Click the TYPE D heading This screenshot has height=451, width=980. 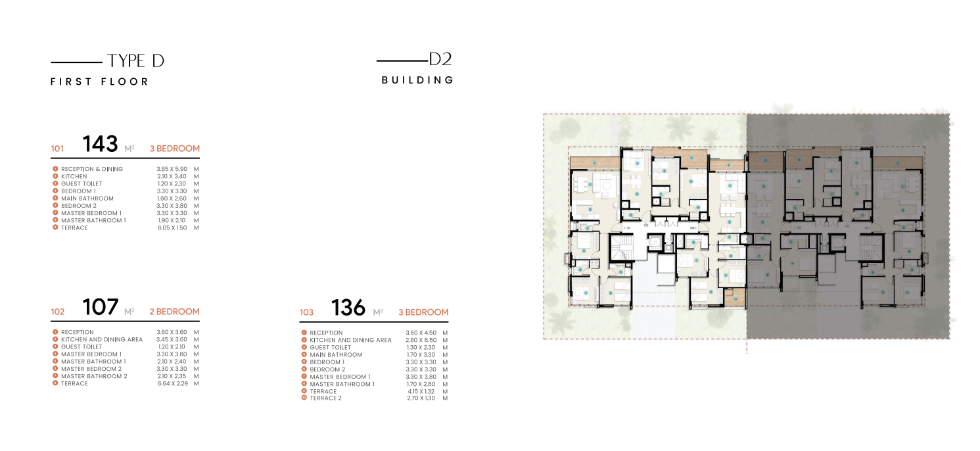tap(135, 61)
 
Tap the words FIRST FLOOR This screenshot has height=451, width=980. tap(100, 82)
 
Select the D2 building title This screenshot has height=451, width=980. tap(440, 59)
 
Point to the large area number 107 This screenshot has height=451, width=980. tap(100, 307)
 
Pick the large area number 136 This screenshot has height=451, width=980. tap(348, 308)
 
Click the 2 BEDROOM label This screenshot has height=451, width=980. tap(174, 312)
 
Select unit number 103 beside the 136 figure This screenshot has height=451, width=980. tap(306, 312)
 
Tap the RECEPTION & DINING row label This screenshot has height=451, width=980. tap(92, 169)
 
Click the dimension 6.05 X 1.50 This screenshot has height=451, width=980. tap(172, 227)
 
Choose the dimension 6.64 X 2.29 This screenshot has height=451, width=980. tap(173, 383)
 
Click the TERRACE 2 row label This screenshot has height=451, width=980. tap(326, 398)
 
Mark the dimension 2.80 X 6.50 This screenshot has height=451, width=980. tap(421, 340)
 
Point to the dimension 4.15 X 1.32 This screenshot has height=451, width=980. tap(421, 391)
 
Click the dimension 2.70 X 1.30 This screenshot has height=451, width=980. tap(421, 398)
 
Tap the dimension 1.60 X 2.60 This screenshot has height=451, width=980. tap(172, 198)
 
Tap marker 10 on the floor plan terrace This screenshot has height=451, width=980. tap(736, 299)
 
